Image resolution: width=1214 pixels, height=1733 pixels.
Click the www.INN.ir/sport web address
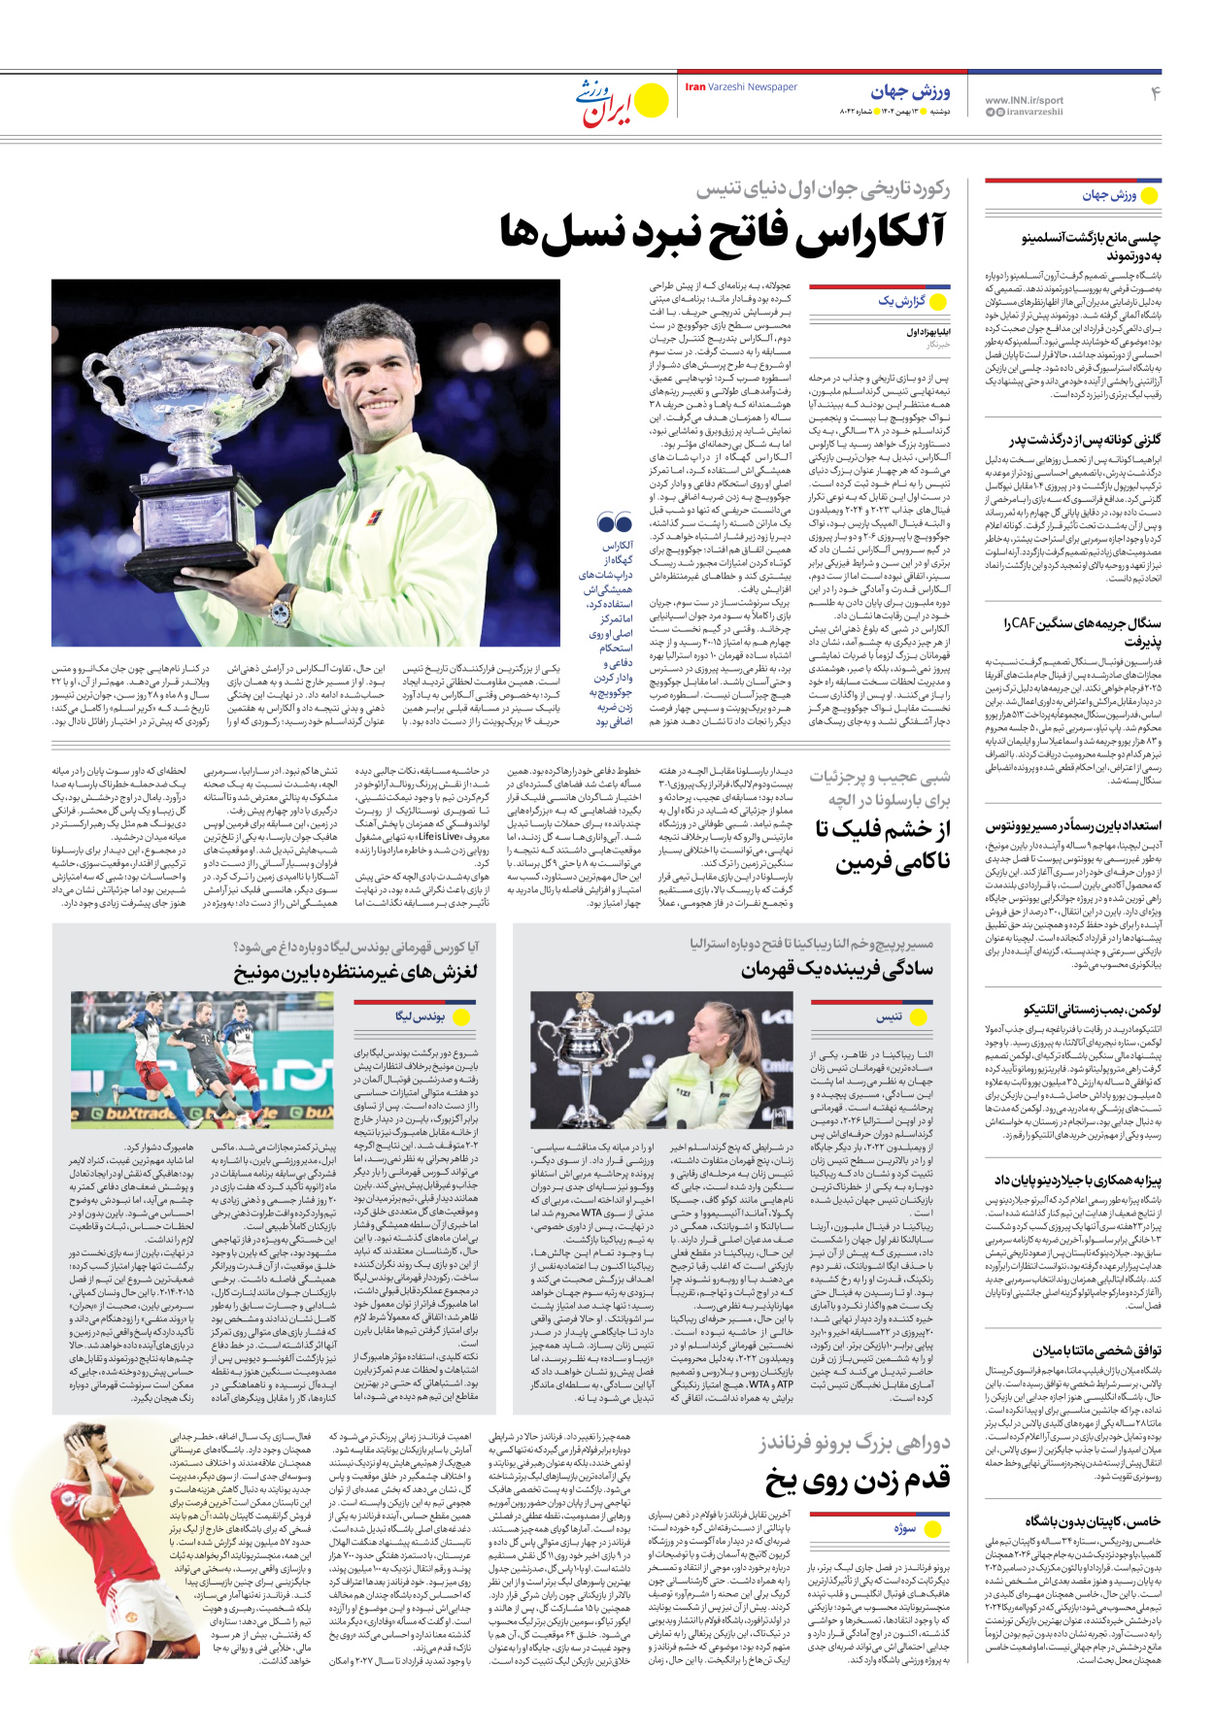[x=1024, y=100]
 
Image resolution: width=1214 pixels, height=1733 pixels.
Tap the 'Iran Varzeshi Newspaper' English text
[x=741, y=87]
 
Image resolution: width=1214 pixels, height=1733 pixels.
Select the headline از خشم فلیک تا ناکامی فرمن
[x=882, y=845]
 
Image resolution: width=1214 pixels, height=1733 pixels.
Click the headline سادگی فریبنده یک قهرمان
[x=836, y=969]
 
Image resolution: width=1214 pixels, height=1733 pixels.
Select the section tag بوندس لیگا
[x=420, y=1016]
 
